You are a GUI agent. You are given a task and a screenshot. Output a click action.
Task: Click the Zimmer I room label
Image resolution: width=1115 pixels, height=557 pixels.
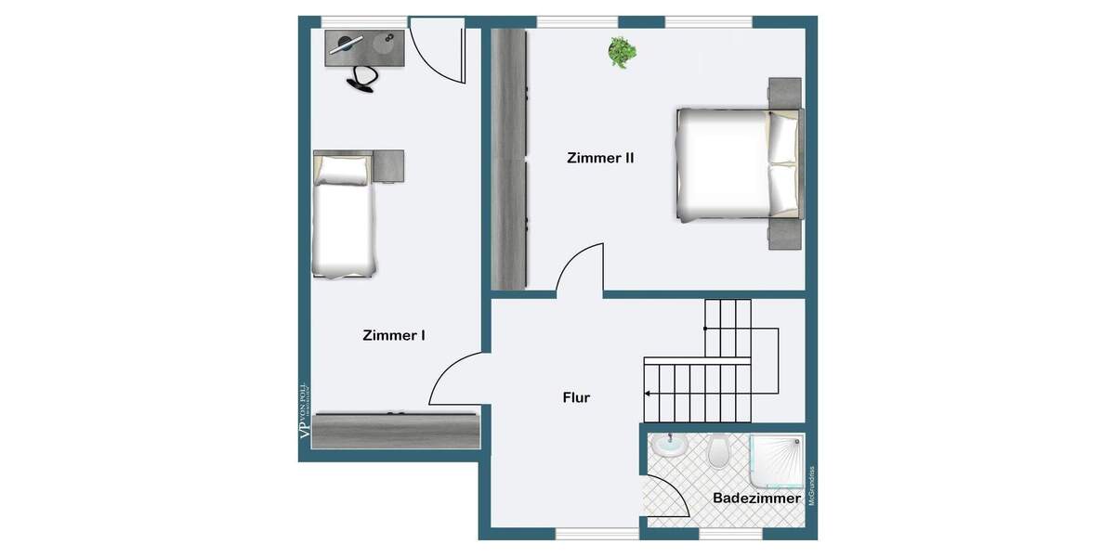(x=394, y=335)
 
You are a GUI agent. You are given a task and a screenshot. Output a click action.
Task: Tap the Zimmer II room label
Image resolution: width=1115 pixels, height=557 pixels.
(x=600, y=158)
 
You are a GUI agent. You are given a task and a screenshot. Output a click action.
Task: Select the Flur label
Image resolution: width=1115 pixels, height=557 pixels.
(x=576, y=397)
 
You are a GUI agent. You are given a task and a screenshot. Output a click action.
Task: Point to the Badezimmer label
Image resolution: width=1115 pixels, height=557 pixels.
(x=756, y=499)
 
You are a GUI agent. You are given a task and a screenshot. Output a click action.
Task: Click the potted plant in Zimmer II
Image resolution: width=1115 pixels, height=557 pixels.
(x=622, y=51)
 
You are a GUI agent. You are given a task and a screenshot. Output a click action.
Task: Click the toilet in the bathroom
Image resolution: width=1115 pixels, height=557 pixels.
(x=718, y=452)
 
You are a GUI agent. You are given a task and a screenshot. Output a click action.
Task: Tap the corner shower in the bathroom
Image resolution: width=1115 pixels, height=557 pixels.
(x=777, y=460)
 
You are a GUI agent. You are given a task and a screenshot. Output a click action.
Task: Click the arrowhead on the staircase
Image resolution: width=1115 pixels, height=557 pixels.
(x=648, y=395)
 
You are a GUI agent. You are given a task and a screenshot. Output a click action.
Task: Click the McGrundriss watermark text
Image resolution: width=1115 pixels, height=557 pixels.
(x=811, y=485)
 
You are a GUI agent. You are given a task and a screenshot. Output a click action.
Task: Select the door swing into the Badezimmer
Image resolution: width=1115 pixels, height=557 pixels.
(x=665, y=499)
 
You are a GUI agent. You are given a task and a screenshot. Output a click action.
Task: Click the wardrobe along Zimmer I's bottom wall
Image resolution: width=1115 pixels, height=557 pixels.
(x=396, y=431)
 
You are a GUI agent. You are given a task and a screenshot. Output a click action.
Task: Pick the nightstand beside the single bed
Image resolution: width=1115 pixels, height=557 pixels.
(x=388, y=166)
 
